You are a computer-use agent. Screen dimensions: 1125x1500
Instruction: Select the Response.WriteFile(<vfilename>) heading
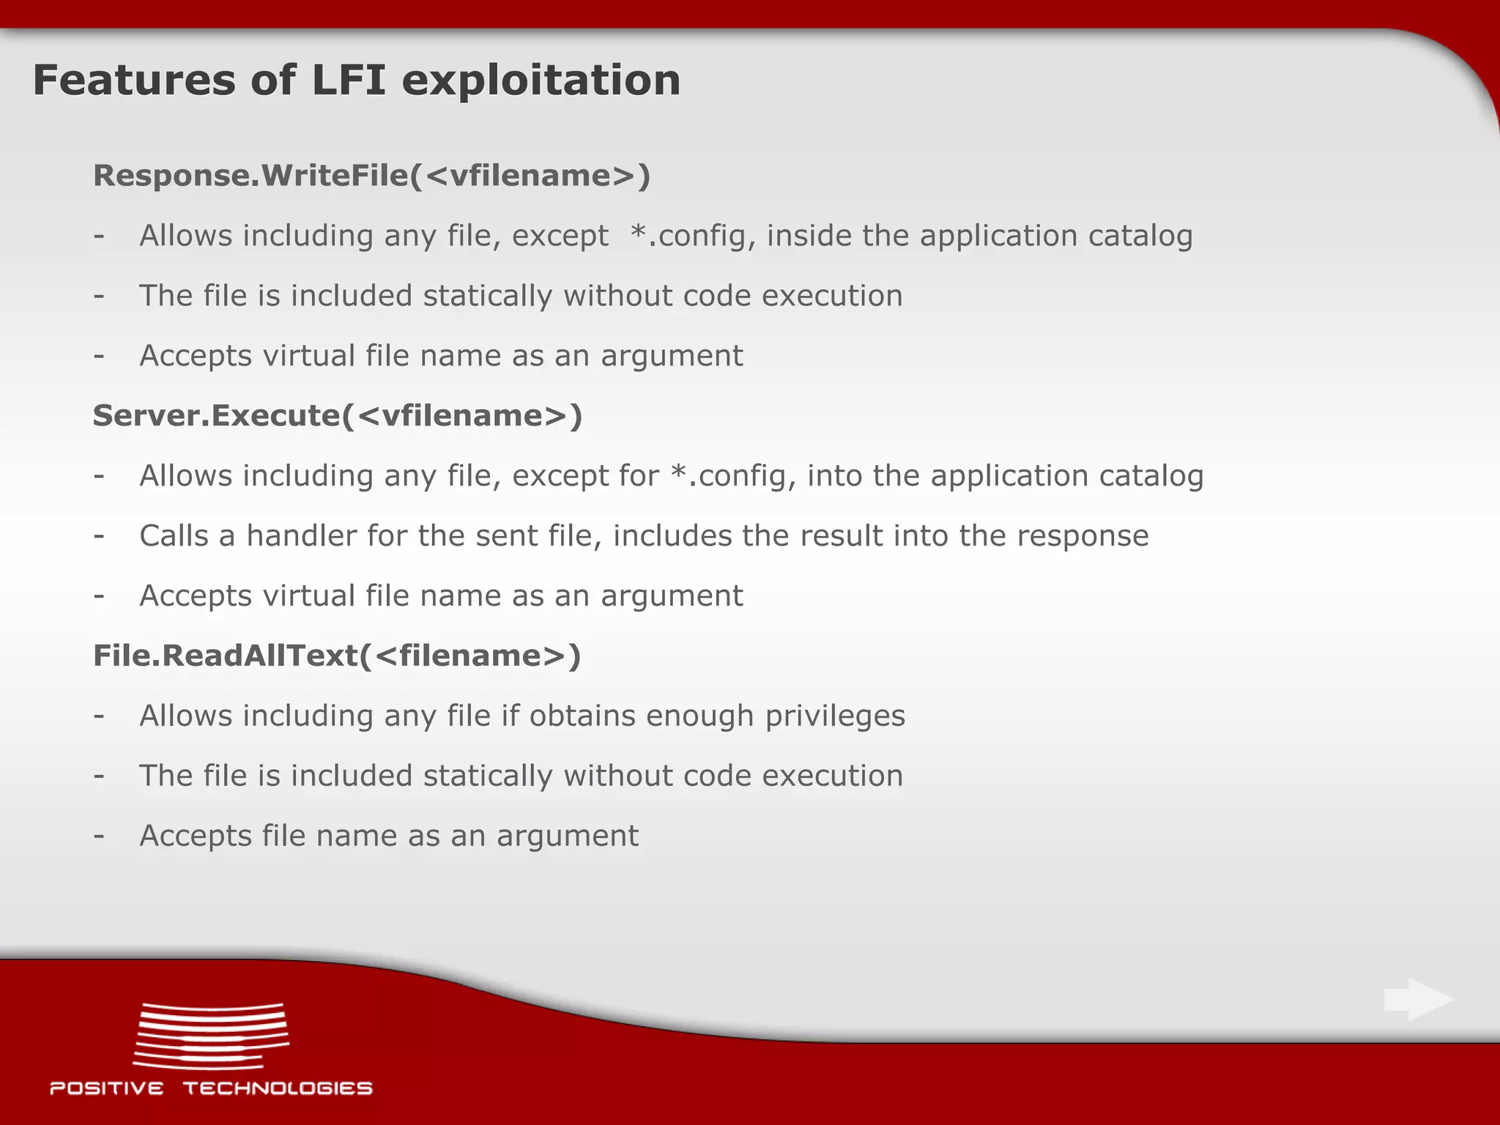click(371, 176)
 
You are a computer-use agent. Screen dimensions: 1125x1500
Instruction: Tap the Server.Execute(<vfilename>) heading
click(338, 416)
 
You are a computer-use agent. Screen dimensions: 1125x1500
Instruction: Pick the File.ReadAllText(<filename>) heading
click(337, 656)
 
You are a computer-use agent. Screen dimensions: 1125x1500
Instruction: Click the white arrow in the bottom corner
click(1418, 999)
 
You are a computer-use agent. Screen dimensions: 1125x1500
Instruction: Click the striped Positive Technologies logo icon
click(211, 1036)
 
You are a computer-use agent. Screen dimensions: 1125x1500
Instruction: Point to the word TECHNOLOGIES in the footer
click(278, 1088)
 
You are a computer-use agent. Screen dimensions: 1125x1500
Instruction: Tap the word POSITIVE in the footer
click(107, 1088)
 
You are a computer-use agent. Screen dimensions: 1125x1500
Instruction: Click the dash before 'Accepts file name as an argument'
click(99, 836)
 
